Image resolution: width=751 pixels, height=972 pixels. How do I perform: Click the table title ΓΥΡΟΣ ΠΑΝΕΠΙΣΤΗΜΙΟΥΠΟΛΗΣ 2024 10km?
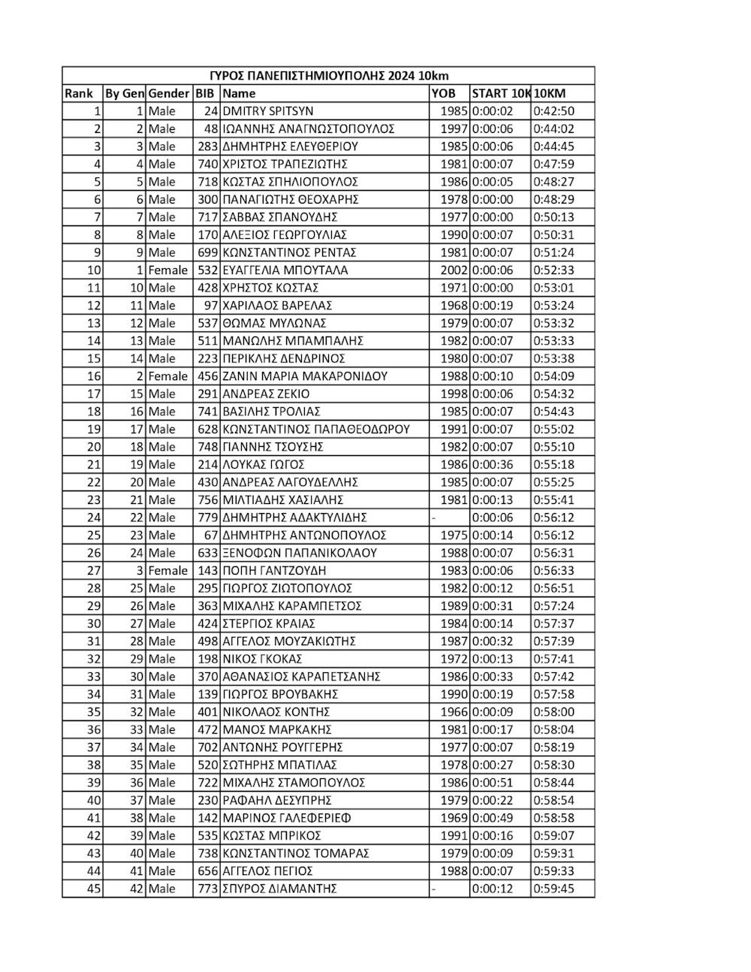click(328, 76)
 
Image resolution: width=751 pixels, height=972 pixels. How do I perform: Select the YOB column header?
click(443, 94)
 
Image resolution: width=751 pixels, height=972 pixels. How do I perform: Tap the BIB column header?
click(204, 94)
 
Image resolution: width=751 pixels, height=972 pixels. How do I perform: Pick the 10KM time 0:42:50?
click(553, 111)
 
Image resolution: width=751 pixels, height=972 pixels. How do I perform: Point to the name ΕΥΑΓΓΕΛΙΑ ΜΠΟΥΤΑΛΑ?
click(285, 270)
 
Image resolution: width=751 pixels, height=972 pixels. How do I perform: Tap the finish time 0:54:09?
click(553, 376)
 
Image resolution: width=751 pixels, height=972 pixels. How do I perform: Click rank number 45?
click(93, 889)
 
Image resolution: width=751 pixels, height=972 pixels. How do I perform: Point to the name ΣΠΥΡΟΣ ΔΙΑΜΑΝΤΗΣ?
click(279, 889)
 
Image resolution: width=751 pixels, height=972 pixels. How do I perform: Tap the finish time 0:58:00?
click(553, 712)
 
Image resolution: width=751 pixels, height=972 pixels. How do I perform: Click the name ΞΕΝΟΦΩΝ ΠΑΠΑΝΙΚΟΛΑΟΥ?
click(300, 553)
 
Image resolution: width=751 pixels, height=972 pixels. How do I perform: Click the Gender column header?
click(169, 94)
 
